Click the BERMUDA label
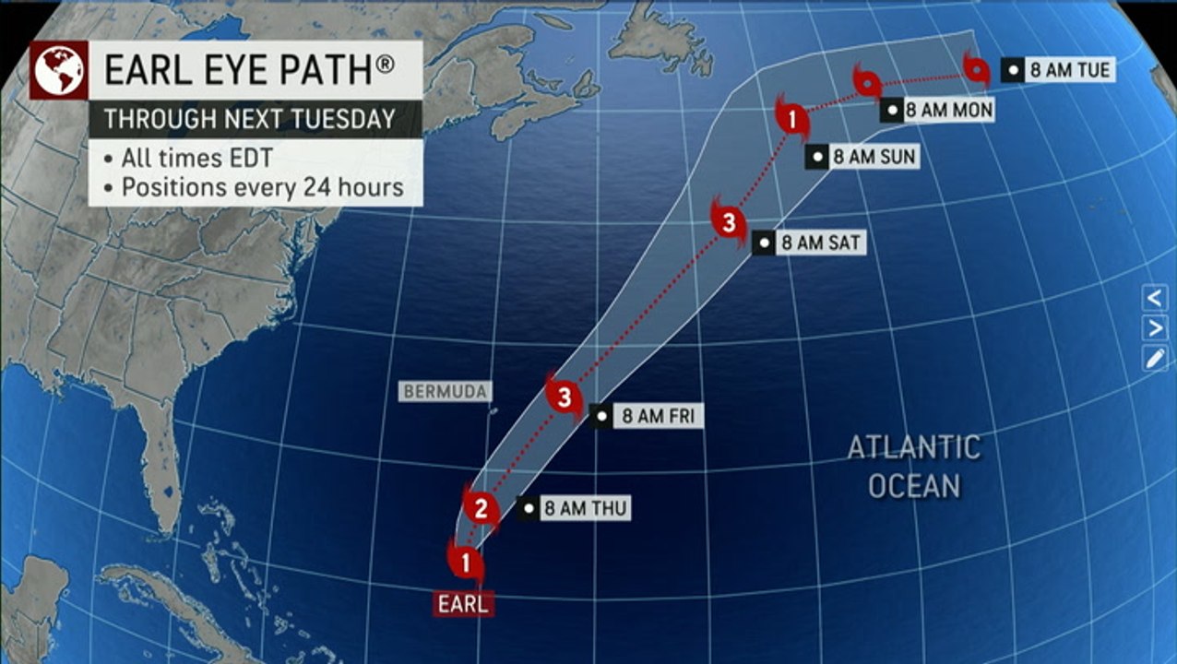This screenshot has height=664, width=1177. (x=444, y=391)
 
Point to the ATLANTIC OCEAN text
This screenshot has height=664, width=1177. (x=914, y=467)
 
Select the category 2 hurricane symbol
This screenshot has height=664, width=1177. (x=481, y=507)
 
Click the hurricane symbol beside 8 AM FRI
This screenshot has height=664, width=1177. (x=565, y=397)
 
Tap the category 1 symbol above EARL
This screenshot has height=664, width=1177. (x=467, y=561)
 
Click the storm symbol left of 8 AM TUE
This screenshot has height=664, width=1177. (x=975, y=67)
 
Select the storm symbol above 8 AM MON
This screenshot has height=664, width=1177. (x=867, y=84)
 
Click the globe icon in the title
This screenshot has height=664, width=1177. (x=59, y=69)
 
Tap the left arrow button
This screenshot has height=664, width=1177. (x=1155, y=298)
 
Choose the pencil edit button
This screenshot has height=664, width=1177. (x=1155, y=359)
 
